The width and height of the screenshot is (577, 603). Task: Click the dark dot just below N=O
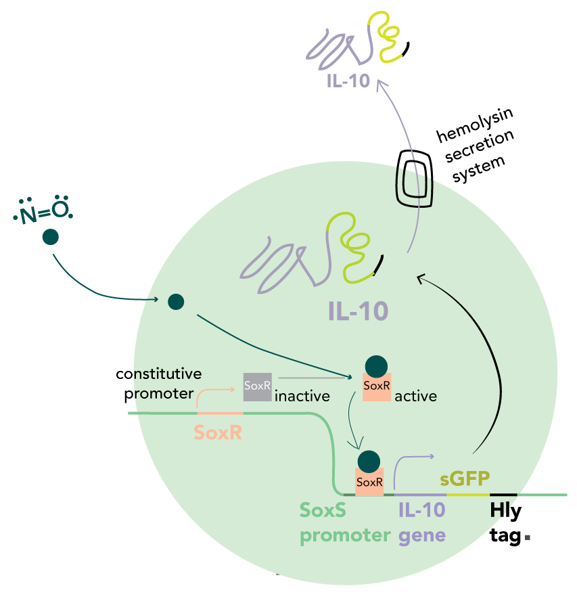(50, 237)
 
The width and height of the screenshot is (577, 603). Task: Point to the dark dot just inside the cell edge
(176, 301)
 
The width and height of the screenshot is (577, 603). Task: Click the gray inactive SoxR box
(258, 386)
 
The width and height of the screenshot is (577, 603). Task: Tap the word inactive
(302, 396)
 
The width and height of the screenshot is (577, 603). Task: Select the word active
(415, 396)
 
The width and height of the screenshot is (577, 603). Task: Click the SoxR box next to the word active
(377, 387)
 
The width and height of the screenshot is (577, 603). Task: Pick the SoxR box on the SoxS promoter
(369, 482)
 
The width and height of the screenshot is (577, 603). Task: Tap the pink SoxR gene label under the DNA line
(218, 432)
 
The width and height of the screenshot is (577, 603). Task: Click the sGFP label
(465, 479)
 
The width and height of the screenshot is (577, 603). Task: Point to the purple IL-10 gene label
(422, 522)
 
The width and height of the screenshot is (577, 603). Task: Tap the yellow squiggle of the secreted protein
(383, 39)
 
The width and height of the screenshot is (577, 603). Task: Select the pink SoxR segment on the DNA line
(219, 412)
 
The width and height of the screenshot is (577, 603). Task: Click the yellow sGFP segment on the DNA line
(467, 495)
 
